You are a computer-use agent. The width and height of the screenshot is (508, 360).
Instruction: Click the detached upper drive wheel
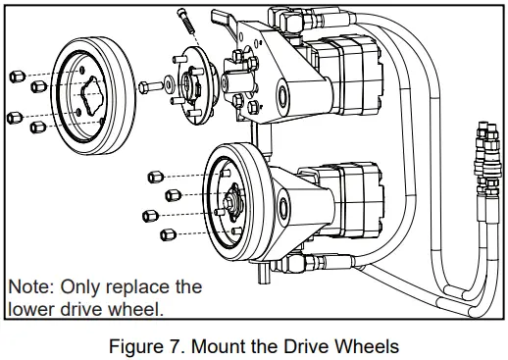tap(93, 88)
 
